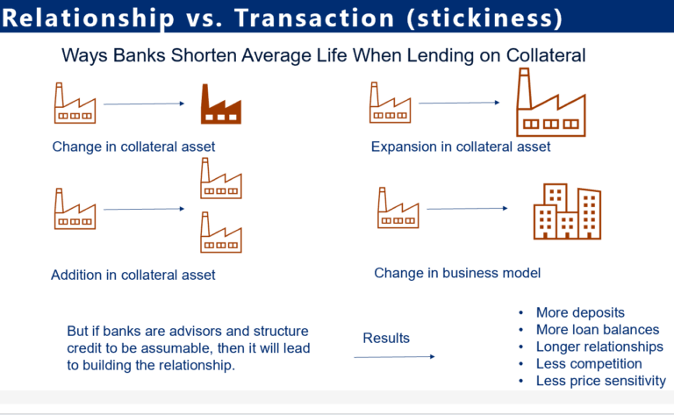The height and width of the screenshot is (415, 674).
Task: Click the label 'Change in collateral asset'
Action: (133, 147)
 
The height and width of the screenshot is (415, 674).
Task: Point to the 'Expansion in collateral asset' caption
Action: (461, 147)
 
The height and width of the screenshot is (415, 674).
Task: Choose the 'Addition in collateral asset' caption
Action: (133, 275)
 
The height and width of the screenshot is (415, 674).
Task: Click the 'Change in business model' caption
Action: (457, 273)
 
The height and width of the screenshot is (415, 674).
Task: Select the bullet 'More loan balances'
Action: (597, 330)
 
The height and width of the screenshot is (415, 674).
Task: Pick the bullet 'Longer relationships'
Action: (599, 347)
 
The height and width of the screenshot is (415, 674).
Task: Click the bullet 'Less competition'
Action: (589, 363)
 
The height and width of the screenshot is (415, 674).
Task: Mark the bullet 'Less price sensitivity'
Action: (601, 381)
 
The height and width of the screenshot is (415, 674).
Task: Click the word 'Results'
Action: (386, 338)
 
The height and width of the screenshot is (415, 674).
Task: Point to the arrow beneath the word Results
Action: (394, 356)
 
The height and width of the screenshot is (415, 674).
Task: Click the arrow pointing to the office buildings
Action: (467, 208)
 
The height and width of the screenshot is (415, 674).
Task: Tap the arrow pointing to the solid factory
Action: (144, 104)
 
